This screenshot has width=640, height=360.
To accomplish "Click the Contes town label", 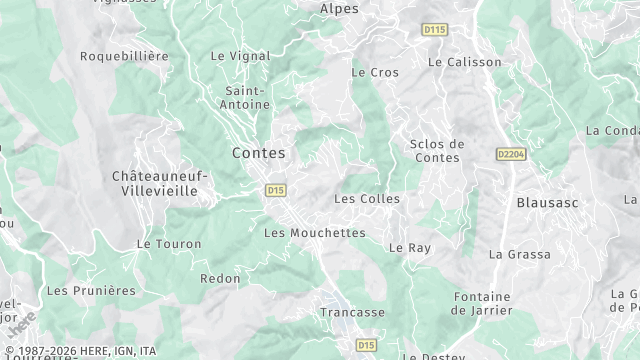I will coord(258,153).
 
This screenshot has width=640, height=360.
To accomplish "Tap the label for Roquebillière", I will coord(124,56).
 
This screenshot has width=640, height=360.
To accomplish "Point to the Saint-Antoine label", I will coord(246,97).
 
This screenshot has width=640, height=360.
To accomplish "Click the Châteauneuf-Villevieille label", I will coord(160,182).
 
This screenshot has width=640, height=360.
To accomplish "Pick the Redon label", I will coord(220,278).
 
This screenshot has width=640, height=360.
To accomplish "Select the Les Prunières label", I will coord(91,290).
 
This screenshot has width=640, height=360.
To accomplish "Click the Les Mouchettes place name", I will coord(314,232).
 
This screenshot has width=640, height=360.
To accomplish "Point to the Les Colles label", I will coord(366,198).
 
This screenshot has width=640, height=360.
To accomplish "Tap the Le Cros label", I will coord(375,72).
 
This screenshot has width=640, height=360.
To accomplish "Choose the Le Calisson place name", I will coord(464,61).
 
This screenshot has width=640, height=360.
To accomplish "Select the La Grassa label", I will coord(519,254).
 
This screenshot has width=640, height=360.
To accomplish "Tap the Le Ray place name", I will coord(409,247).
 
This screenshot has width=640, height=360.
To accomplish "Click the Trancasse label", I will coord(352,312).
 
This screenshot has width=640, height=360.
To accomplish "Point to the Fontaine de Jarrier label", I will coord(482,303).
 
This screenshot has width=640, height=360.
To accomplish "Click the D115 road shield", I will coord(434,30).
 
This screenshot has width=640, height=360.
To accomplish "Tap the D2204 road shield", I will coord(510,154).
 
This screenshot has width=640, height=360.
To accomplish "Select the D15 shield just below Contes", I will coord(276,189).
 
